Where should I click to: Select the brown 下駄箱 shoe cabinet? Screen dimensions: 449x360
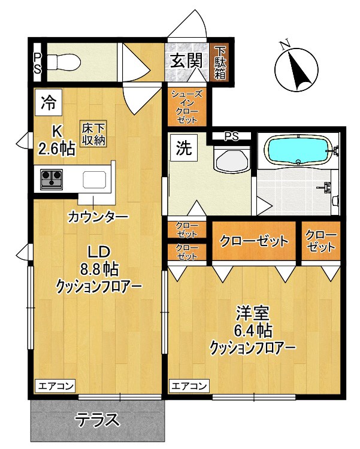click(x=220, y=62)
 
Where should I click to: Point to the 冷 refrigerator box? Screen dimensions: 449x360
click(x=47, y=102)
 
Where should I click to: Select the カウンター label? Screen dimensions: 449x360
click(x=97, y=216)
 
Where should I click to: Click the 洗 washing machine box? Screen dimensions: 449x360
click(x=183, y=148)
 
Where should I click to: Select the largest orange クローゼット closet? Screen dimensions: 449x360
click(x=255, y=241)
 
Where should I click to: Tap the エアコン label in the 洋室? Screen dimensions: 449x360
click(x=189, y=386)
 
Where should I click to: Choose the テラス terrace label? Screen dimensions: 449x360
click(x=96, y=420)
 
